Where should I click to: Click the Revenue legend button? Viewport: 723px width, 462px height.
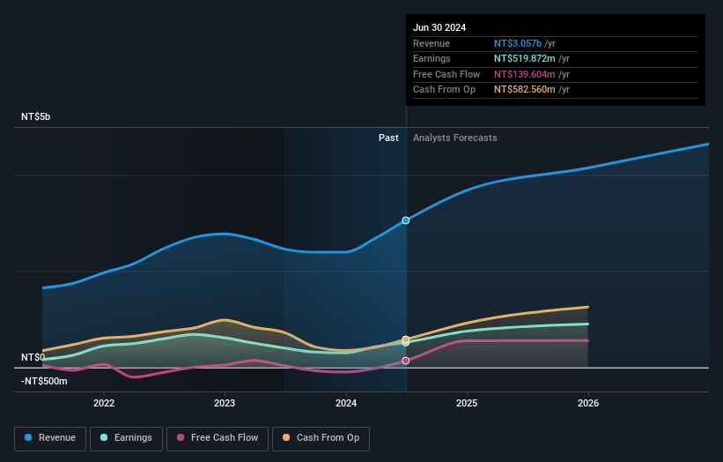tap(50, 437)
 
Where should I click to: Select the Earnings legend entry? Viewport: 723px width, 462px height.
tap(126, 437)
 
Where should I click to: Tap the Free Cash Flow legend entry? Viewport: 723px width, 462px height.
tap(218, 437)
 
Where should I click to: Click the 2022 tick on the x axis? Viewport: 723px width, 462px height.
tap(104, 403)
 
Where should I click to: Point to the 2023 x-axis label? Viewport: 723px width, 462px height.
tap(225, 403)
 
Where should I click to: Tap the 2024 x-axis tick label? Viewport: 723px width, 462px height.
tap(346, 403)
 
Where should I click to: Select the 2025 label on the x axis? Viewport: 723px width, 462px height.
tap(467, 403)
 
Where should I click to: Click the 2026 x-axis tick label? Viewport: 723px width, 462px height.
tap(588, 403)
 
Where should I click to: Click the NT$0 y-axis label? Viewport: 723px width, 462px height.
tap(33, 357)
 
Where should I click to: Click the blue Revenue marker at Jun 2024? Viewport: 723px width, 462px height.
tap(406, 220)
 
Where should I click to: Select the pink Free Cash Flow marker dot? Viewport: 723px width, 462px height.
tap(406, 361)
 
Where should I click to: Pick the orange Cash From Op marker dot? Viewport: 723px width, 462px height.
tap(406, 339)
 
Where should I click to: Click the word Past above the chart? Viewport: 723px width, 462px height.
tap(388, 138)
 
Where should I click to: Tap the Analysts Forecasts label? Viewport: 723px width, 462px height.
tap(454, 138)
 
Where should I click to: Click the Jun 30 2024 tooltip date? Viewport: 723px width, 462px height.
tap(439, 27)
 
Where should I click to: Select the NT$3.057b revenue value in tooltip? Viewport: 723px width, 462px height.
tap(519, 43)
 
